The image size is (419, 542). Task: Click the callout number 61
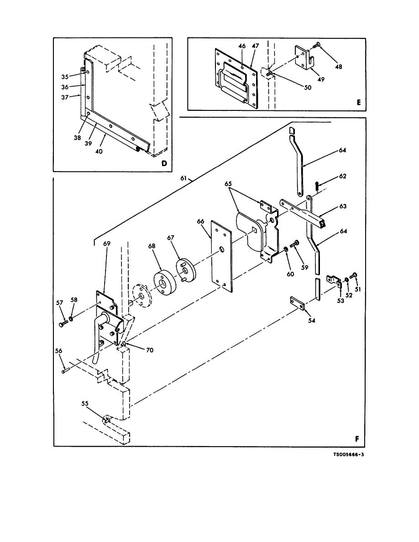point(183,178)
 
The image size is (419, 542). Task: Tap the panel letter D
point(164,163)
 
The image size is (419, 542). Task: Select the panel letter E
point(358,102)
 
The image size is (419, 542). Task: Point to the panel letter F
point(357,438)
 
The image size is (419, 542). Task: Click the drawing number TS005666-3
point(348,454)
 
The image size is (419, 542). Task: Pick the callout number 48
point(339,66)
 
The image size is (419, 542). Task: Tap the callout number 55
point(85,403)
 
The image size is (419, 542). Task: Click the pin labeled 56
point(66,371)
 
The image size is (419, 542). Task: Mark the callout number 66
point(201,222)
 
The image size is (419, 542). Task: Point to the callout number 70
point(149,350)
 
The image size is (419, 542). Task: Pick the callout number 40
point(99,151)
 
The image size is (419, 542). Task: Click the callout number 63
point(343,206)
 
